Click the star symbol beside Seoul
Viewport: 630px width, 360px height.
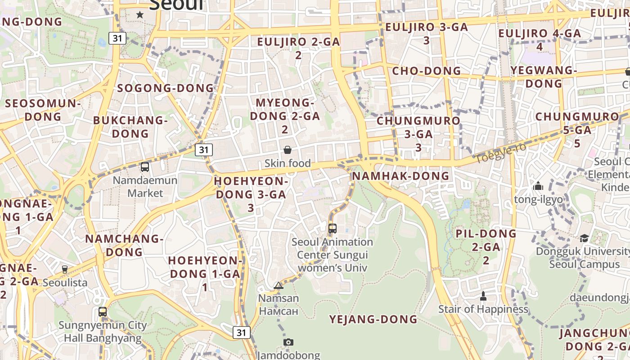click(140, 15)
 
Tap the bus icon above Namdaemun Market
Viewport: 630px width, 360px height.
click(145, 167)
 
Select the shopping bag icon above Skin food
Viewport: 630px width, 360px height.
click(288, 150)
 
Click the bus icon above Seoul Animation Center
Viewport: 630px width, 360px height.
click(333, 229)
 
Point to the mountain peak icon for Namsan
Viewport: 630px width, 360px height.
click(279, 285)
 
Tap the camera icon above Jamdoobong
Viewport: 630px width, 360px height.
click(288, 342)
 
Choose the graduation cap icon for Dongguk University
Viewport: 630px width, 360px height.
click(584, 238)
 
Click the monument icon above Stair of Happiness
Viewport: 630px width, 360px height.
click(483, 296)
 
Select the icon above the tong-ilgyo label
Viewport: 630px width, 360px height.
click(538, 186)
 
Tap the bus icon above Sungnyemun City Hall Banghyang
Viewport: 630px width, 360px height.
click(103, 311)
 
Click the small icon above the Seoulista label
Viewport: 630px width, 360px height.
click(65, 270)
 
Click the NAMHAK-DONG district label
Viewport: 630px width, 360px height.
click(400, 176)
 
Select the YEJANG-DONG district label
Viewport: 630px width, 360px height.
click(373, 319)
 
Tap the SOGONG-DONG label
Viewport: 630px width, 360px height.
click(166, 88)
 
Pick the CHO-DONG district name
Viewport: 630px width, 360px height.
click(427, 71)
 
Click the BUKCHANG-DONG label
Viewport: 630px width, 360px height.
click(130, 127)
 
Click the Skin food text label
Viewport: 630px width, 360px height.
click(288, 163)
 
